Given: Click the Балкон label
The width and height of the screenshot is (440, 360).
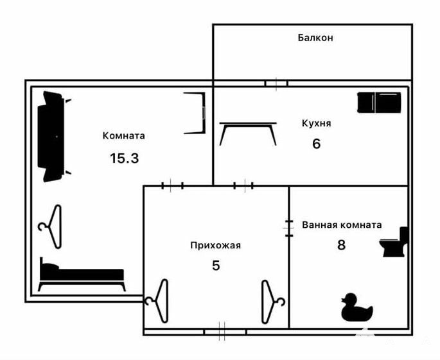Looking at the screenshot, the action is pyautogui.click(x=315, y=38).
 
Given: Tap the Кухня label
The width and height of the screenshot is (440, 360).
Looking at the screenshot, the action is pyautogui.click(x=316, y=123).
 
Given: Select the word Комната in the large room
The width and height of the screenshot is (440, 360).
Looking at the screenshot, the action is pyautogui.click(x=124, y=135).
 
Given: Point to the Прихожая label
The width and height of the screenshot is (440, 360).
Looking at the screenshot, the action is pyautogui.click(x=216, y=246).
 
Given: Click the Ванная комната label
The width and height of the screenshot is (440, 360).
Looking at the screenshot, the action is pyautogui.click(x=342, y=225).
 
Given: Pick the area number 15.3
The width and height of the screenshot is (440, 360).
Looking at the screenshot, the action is pyautogui.click(x=125, y=159).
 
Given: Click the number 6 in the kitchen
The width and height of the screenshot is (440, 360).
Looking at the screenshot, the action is pyautogui.click(x=316, y=144).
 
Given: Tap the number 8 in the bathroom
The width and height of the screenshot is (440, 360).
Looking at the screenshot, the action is pyautogui.click(x=341, y=245).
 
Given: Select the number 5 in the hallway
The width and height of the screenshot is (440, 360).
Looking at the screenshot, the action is pyautogui.click(x=216, y=266).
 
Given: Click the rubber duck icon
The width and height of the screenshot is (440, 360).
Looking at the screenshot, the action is pyautogui.click(x=357, y=307).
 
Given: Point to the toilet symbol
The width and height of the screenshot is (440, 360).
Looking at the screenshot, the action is pyautogui.click(x=393, y=242).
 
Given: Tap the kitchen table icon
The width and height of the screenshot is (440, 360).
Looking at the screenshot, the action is pyautogui.click(x=248, y=133).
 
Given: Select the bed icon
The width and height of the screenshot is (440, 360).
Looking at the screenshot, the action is pyautogui.click(x=82, y=274).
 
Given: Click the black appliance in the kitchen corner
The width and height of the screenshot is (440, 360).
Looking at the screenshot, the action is pyautogui.click(x=379, y=103).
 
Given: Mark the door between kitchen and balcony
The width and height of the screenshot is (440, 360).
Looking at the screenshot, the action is pyautogui.click(x=276, y=83).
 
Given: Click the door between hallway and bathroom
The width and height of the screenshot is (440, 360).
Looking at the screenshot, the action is pyautogui.click(x=289, y=228).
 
